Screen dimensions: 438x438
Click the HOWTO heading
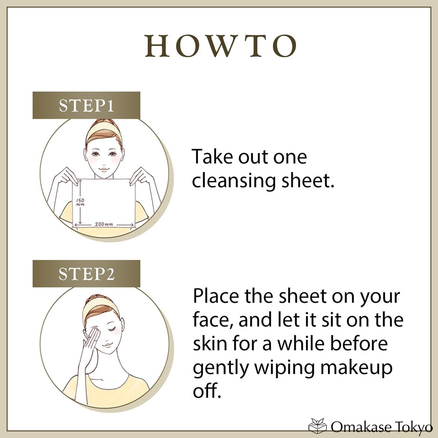[220, 46]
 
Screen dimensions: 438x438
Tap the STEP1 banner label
[86, 106]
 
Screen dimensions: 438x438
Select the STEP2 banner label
[86, 274]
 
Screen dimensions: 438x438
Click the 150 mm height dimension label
[80, 202]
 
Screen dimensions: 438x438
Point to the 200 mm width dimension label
[104, 224]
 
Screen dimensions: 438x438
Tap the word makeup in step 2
[356, 368]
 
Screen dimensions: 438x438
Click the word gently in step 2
[221, 368]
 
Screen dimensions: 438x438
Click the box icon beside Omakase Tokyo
[318, 426]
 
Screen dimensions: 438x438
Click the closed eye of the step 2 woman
[112, 329]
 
